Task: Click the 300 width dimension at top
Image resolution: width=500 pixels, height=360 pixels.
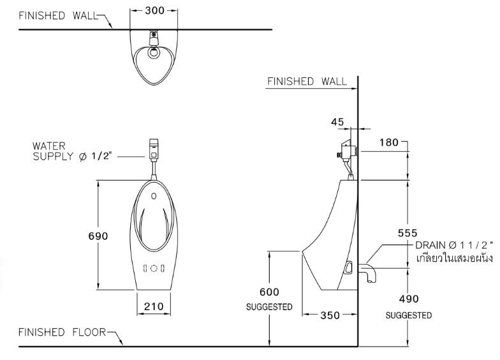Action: (x=154, y=10)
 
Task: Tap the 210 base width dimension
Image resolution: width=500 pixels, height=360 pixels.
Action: (x=154, y=306)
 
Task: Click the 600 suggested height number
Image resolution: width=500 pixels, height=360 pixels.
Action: (x=269, y=292)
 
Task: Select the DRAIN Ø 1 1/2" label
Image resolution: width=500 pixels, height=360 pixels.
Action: (x=453, y=246)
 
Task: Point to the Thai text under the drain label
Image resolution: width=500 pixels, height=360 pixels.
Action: (x=453, y=259)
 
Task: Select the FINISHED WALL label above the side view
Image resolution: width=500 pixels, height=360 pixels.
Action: (x=307, y=81)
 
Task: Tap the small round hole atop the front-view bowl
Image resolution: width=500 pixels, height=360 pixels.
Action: (x=154, y=195)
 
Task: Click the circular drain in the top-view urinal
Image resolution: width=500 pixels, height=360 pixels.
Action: (x=153, y=54)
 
